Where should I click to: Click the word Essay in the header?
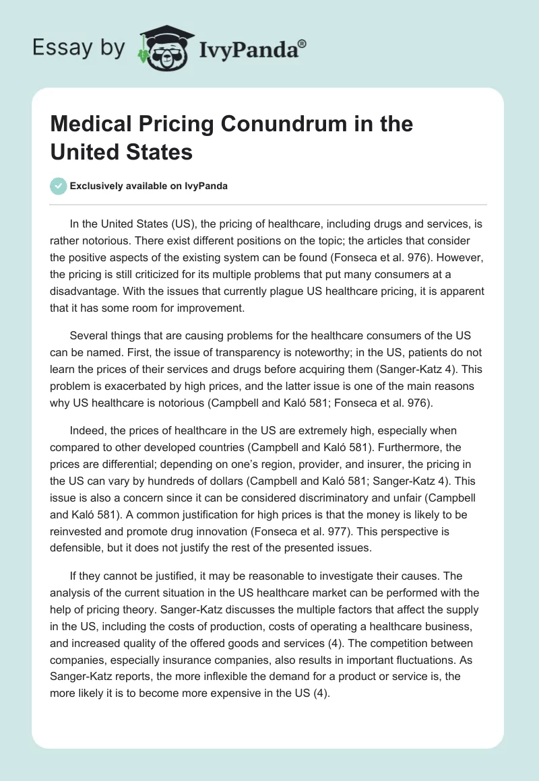(x=58, y=48)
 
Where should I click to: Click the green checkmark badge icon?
(x=59, y=186)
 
